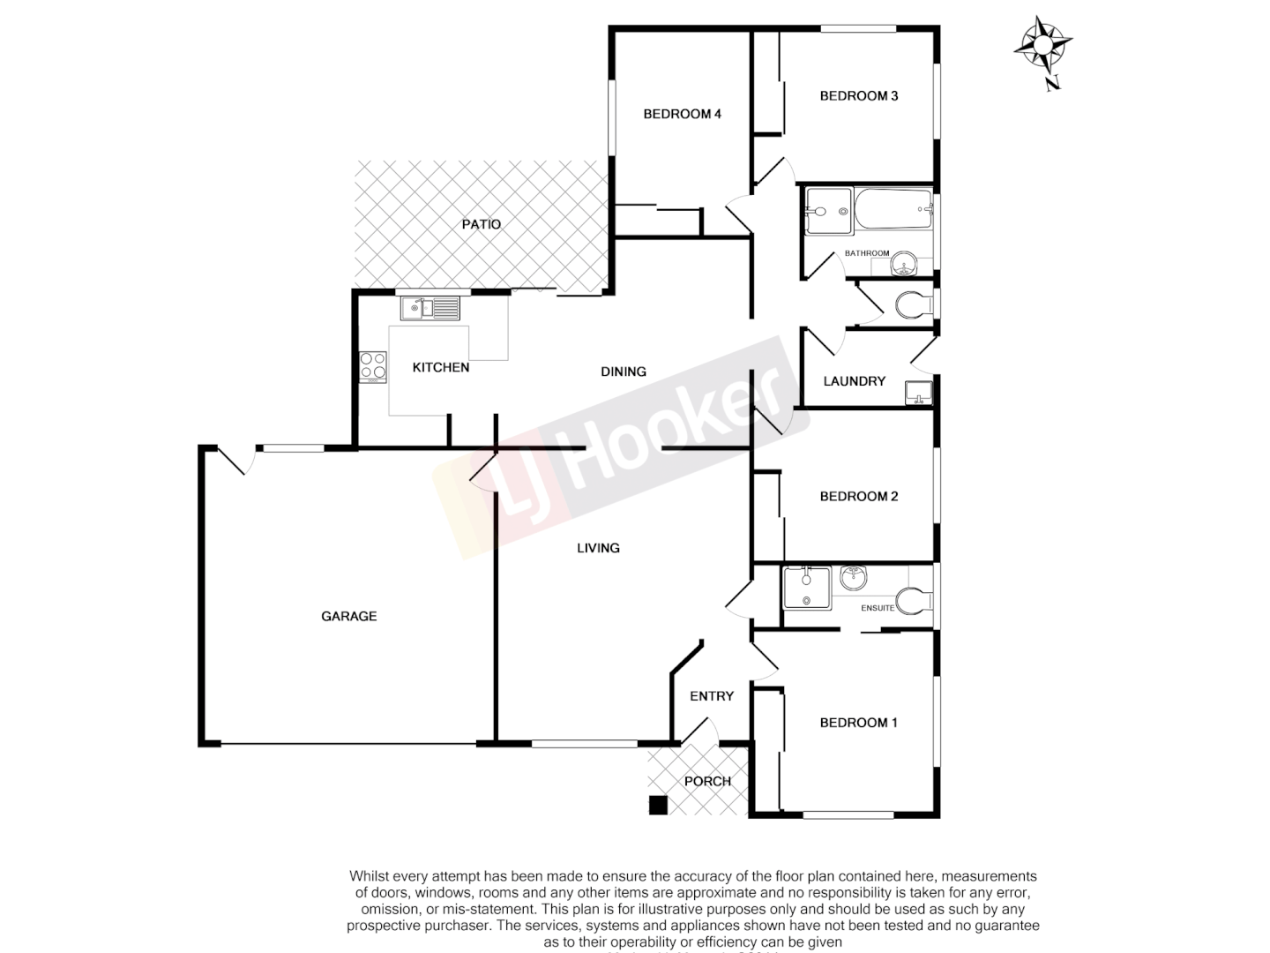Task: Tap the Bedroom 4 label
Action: (x=682, y=114)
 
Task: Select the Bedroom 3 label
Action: (x=858, y=96)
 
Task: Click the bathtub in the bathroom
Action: (x=893, y=210)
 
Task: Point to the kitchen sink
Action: (x=430, y=309)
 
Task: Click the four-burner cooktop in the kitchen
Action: (x=373, y=365)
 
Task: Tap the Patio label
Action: (x=481, y=224)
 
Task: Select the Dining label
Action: (x=624, y=371)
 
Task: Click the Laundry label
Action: (x=854, y=381)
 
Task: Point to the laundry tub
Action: (x=918, y=393)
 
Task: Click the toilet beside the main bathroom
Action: (x=912, y=306)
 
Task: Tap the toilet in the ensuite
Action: (x=917, y=601)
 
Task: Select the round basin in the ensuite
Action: (x=853, y=579)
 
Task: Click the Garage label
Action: (x=348, y=616)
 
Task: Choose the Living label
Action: (x=598, y=548)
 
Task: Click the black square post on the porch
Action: (x=657, y=805)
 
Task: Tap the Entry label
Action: (x=711, y=696)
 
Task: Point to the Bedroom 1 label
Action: (x=858, y=723)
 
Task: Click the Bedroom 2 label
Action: (x=858, y=497)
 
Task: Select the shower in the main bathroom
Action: (x=828, y=211)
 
